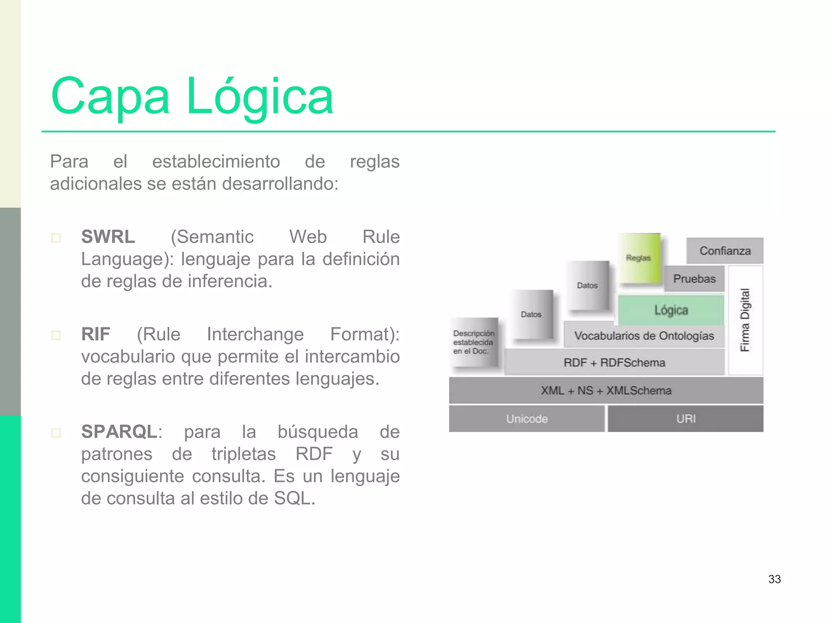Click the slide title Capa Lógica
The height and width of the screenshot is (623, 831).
coord(192,97)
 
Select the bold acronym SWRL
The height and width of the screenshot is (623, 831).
coord(108,236)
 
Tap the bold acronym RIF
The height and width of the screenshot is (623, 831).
coord(96,334)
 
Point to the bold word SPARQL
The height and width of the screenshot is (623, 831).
coord(119,432)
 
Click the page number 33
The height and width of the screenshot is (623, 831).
coord(774,579)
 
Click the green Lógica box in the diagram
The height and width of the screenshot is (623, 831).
coord(671,310)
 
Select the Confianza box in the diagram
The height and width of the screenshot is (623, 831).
coord(725,251)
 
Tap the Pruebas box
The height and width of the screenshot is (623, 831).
coord(694,279)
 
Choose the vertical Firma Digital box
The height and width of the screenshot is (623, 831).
coord(745,320)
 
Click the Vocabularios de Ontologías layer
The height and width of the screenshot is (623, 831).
coord(644,336)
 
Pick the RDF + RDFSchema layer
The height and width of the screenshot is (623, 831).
coord(614,363)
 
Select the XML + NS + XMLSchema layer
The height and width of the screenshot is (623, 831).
coord(606,391)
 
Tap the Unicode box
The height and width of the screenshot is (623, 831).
coord(527,419)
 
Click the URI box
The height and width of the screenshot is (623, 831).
coord(686,419)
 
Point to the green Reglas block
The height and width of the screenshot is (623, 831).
coord(639,258)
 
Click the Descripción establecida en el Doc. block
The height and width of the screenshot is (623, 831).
coord(474,342)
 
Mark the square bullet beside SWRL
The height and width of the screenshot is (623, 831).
coord(56,237)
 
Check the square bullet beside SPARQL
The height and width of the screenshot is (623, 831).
coord(56,432)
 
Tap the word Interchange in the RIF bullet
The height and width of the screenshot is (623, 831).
coord(255,334)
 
